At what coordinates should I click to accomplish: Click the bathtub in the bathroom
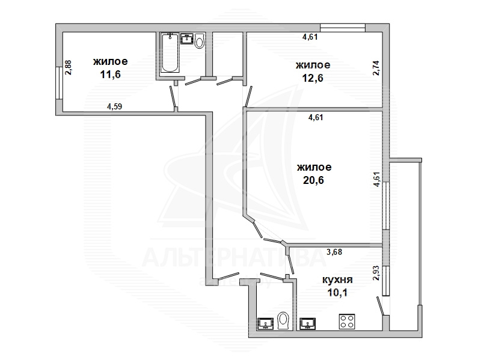pyautogui.click(x=170, y=53)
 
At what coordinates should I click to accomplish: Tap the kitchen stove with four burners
pyautogui.click(x=347, y=322)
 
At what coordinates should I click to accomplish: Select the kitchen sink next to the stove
pyautogui.click(x=308, y=324)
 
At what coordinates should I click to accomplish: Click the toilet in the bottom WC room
pyautogui.click(x=283, y=321)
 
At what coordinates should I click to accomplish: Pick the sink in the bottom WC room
pyautogui.click(x=265, y=324)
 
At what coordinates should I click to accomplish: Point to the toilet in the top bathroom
pyautogui.click(x=200, y=40)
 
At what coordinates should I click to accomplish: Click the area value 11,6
pyautogui.click(x=111, y=74)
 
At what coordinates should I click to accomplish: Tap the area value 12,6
pyautogui.click(x=313, y=78)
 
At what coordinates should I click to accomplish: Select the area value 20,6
pyautogui.click(x=313, y=180)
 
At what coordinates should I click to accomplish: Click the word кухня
pyautogui.click(x=337, y=280)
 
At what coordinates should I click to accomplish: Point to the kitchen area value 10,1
pyautogui.click(x=337, y=293)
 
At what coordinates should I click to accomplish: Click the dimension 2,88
pyautogui.click(x=68, y=67)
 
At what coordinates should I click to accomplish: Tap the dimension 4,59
pyautogui.click(x=114, y=106)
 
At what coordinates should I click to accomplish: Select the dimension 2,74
pyautogui.click(x=376, y=68)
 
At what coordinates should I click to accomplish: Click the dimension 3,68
pyautogui.click(x=334, y=252)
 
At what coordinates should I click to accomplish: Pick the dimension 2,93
pyautogui.click(x=376, y=273)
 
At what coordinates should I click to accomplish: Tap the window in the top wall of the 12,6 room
pyautogui.click(x=343, y=28)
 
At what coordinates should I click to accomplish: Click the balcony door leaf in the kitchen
pyautogui.click(x=380, y=306)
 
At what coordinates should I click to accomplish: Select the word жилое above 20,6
pyautogui.click(x=314, y=168)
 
